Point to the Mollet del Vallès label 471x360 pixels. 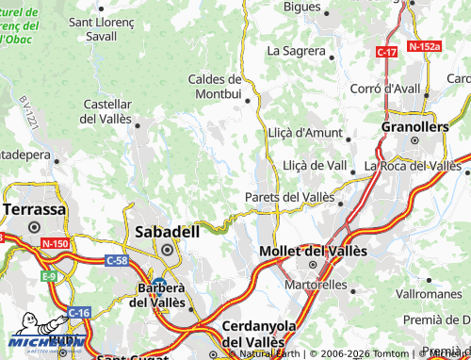click(313, 252)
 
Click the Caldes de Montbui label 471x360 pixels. click(216, 86)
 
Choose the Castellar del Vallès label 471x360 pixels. click(108, 111)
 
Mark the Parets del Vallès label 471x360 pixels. click(289, 196)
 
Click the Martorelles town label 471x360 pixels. click(317, 285)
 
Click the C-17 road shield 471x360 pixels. click(386, 53)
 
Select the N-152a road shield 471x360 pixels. click(425, 45)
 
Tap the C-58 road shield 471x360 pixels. click(117, 259)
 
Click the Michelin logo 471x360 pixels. click(42, 340)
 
